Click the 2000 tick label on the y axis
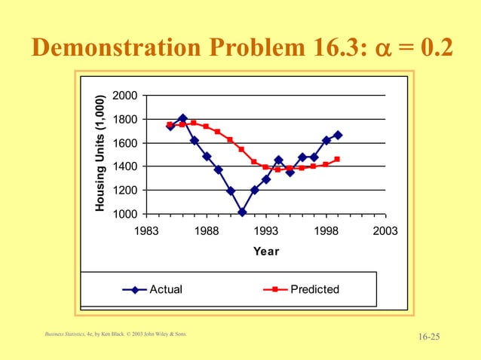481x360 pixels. pos(125,96)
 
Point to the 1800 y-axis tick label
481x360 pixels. pos(125,119)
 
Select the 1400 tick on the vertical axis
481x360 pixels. pos(125,166)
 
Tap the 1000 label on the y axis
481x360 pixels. pos(125,214)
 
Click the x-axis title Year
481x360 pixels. pos(266,252)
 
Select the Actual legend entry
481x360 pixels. pos(165,289)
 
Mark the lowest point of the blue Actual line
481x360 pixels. pos(242,212)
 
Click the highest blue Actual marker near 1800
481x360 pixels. pos(182,118)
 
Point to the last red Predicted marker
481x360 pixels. pos(337,159)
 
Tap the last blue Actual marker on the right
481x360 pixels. pos(338,135)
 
